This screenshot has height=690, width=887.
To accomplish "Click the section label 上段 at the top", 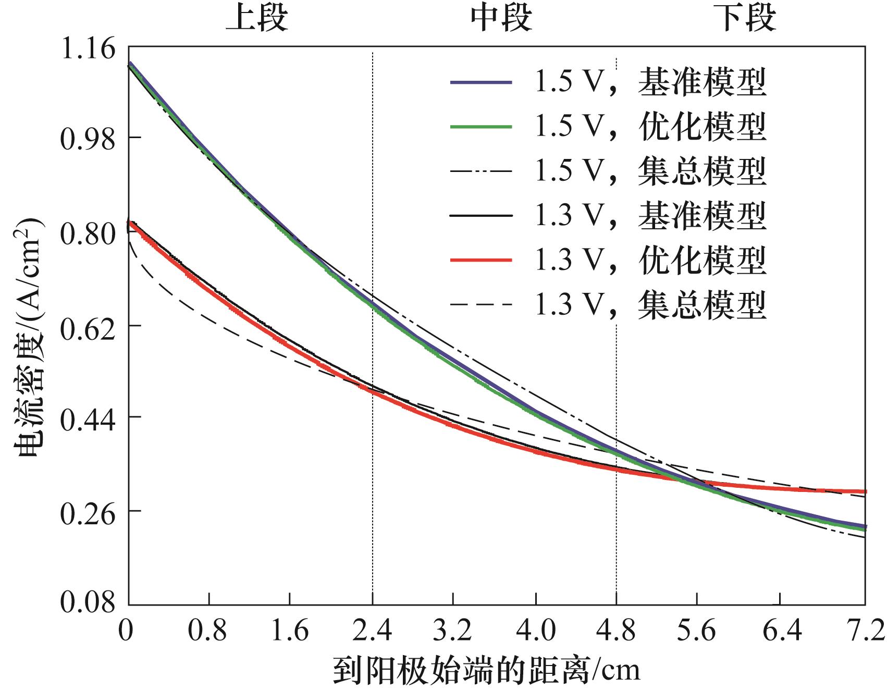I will tap(256, 19).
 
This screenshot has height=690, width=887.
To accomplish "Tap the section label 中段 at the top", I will tap(501, 19).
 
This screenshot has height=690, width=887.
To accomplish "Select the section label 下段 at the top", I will tap(745, 19).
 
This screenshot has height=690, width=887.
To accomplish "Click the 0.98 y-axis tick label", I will tap(88, 139).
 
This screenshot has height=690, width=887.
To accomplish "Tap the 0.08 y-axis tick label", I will tap(88, 602).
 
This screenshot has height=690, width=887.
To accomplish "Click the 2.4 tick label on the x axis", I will tap(372, 631).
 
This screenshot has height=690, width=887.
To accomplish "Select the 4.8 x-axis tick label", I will tap(616, 631).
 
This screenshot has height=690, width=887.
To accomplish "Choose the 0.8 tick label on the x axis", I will tap(207, 631).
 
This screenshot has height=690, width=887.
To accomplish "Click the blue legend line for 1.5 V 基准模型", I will tap(481, 83).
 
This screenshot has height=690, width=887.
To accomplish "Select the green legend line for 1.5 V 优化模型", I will tap(481, 127).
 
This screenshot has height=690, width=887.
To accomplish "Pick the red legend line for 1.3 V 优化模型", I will tap(481, 260).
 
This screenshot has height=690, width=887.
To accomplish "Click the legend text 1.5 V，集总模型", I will tap(650, 171).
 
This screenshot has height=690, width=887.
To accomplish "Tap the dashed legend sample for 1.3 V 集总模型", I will tap(481, 304).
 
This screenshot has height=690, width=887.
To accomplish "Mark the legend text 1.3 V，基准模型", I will tap(650, 215).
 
